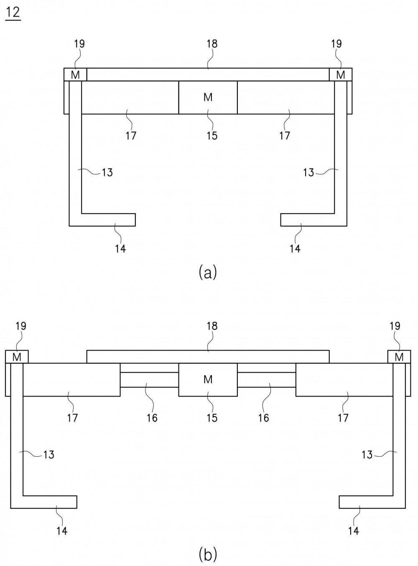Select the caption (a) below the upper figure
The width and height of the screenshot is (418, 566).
[208, 272]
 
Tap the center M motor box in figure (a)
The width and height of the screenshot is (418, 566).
[208, 97]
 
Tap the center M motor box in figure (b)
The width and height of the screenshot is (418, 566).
[208, 379]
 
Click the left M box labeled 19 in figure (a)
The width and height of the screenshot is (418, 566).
[75, 75]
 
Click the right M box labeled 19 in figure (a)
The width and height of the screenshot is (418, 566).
[341, 75]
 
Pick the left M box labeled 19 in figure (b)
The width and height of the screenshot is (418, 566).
[17, 357]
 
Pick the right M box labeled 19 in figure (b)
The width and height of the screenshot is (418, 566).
[399, 357]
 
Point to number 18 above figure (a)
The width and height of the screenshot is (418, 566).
[212, 44]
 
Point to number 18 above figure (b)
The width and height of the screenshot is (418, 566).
[212, 326]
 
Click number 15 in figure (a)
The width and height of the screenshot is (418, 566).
[212, 136]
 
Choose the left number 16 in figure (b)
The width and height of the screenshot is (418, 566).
[152, 418]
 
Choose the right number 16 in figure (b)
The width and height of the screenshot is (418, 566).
[263, 418]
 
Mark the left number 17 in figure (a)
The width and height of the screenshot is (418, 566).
[131, 136]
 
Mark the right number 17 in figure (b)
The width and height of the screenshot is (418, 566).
[343, 418]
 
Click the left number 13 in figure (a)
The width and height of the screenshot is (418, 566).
[107, 172]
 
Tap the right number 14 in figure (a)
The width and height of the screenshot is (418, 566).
[295, 249]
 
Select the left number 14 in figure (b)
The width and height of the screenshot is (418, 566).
[62, 531]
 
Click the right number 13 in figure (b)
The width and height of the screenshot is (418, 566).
[367, 455]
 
